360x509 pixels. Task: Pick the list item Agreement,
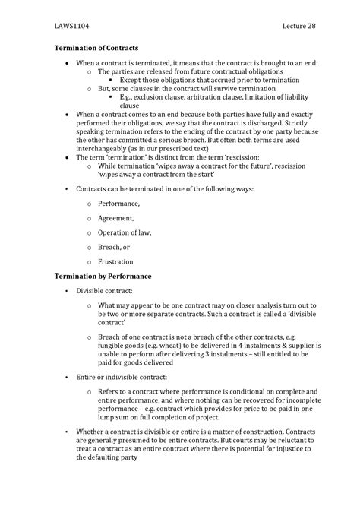117,218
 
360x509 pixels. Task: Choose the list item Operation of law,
127,232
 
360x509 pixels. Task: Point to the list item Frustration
117,261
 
